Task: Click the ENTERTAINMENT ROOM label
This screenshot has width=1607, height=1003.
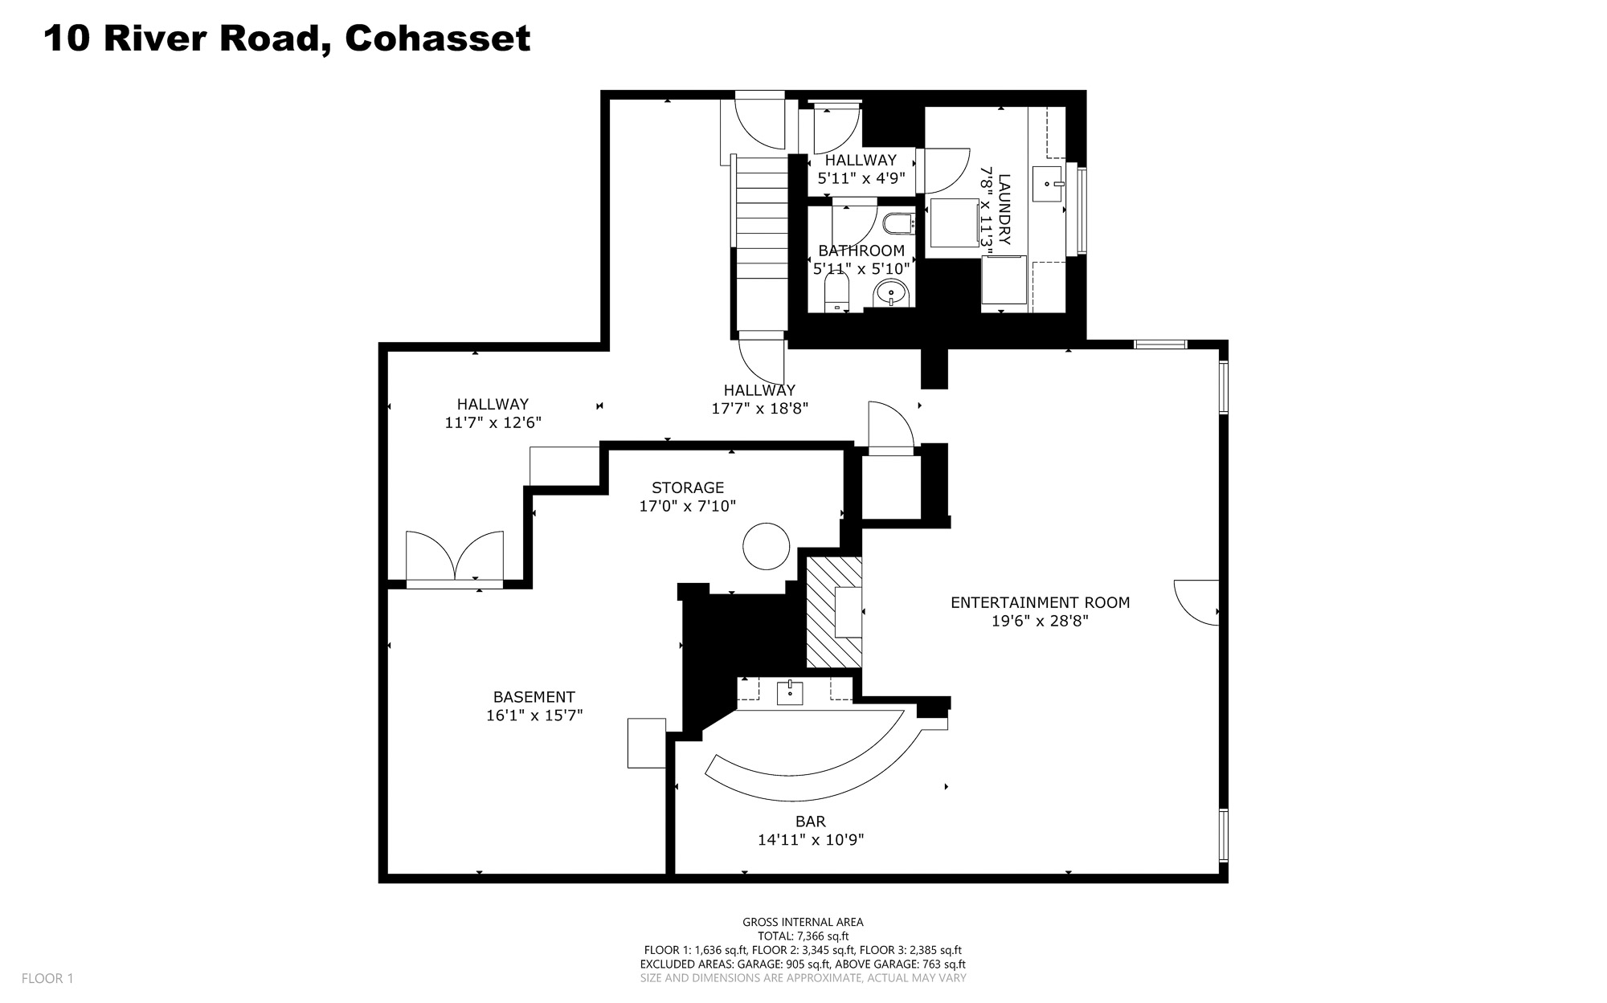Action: tap(1040, 602)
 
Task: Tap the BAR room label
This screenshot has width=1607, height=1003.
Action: tap(811, 822)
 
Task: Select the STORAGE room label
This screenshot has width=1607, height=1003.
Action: tap(688, 487)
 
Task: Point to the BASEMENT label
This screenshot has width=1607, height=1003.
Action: tap(534, 697)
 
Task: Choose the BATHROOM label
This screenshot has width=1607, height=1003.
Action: tap(861, 251)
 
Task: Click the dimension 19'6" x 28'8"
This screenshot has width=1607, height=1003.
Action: tap(1040, 621)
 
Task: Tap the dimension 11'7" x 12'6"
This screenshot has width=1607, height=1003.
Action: tap(493, 422)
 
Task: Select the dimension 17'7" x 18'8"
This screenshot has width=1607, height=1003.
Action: tap(760, 408)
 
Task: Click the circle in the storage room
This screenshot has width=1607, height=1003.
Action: tap(767, 546)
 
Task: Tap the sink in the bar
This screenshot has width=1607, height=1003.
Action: tap(790, 692)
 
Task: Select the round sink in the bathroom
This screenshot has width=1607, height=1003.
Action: tap(891, 293)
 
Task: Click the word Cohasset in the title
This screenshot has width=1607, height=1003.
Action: tap(438, 38)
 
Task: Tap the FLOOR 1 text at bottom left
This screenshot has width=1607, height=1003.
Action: tap(47, 978)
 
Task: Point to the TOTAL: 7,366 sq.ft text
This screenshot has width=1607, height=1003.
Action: tap(803, 936)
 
